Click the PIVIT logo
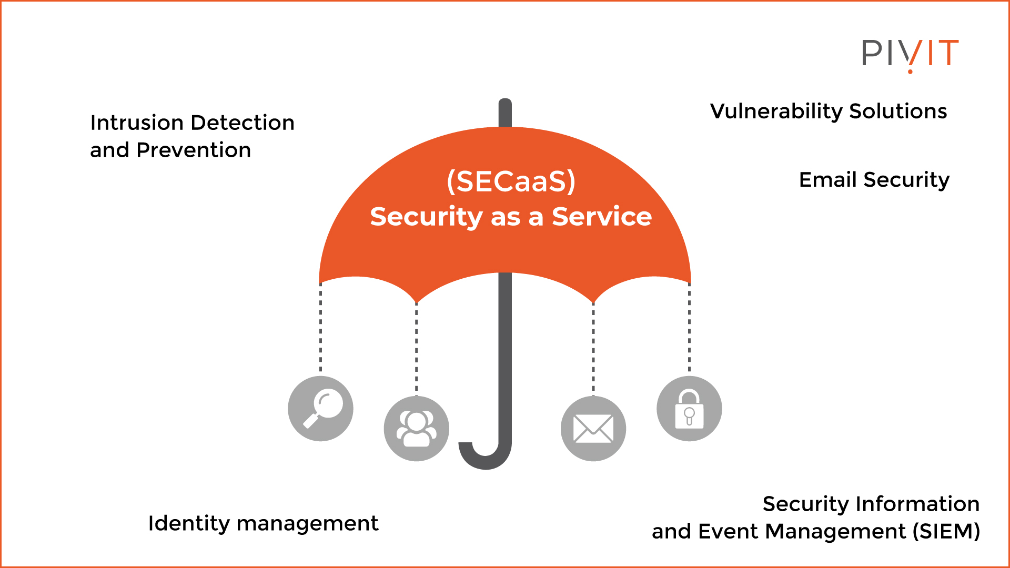910,54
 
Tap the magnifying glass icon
320,409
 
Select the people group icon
416,429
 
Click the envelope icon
593,429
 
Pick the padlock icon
689,409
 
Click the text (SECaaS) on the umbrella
511,181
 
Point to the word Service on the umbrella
602,217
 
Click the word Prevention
194,150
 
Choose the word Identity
189,523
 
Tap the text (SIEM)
946,531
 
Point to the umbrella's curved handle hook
485,457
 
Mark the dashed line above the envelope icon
593,347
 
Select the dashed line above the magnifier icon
320,329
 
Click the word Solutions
898,111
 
